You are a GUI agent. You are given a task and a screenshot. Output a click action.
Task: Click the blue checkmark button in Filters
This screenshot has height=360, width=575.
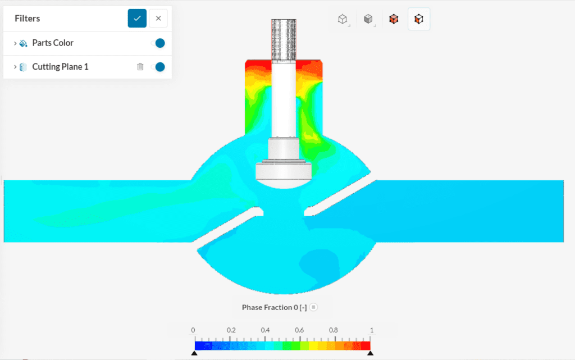[137, 19]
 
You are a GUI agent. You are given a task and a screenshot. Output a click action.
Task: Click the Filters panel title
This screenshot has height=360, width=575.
[28, 19]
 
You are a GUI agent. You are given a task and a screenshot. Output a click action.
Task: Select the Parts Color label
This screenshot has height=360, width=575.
[53, 43]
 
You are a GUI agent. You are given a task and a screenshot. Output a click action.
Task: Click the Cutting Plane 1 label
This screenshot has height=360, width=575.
[60, 67]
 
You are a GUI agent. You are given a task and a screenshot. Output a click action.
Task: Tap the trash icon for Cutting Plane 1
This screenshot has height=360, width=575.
[140, 67]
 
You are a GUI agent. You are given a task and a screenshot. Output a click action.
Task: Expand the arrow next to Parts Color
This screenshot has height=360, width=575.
[15, 43]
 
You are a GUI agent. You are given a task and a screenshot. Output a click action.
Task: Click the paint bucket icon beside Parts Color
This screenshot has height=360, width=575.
[23, 43]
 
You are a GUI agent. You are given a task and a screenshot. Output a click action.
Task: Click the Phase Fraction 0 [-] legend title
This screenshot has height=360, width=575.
[275, 307]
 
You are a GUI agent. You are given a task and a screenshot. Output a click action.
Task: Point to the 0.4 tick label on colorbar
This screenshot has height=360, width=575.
[266, 330]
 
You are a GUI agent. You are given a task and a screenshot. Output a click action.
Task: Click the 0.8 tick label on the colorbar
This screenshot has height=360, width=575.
[334, 330]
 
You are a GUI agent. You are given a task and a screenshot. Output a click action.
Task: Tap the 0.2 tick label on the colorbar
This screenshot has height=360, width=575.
[231, 330]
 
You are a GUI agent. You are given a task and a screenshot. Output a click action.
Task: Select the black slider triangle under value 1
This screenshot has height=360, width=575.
[369, 353]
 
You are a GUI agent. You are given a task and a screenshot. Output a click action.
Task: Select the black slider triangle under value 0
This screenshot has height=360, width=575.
[194, 353]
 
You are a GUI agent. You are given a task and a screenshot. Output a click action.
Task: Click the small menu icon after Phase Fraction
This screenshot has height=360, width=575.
[314, 307]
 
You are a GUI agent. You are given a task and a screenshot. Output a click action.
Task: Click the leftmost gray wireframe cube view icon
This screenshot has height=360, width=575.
[342, 19]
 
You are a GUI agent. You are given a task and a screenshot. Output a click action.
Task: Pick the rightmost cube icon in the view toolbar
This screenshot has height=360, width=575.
[418, 19]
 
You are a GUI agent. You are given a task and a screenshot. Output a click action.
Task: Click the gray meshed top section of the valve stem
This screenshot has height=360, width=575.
[283, 39]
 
